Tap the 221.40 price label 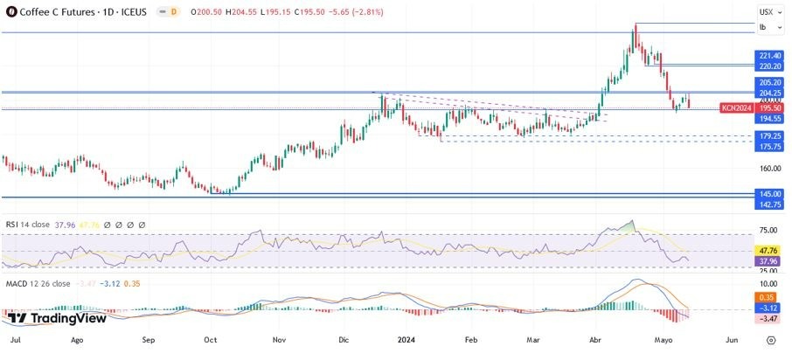coord(769,55)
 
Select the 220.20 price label coord(769,66)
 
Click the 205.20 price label coord(769,82)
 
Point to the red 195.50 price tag coord(769,107)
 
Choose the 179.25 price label coord(769,136)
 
